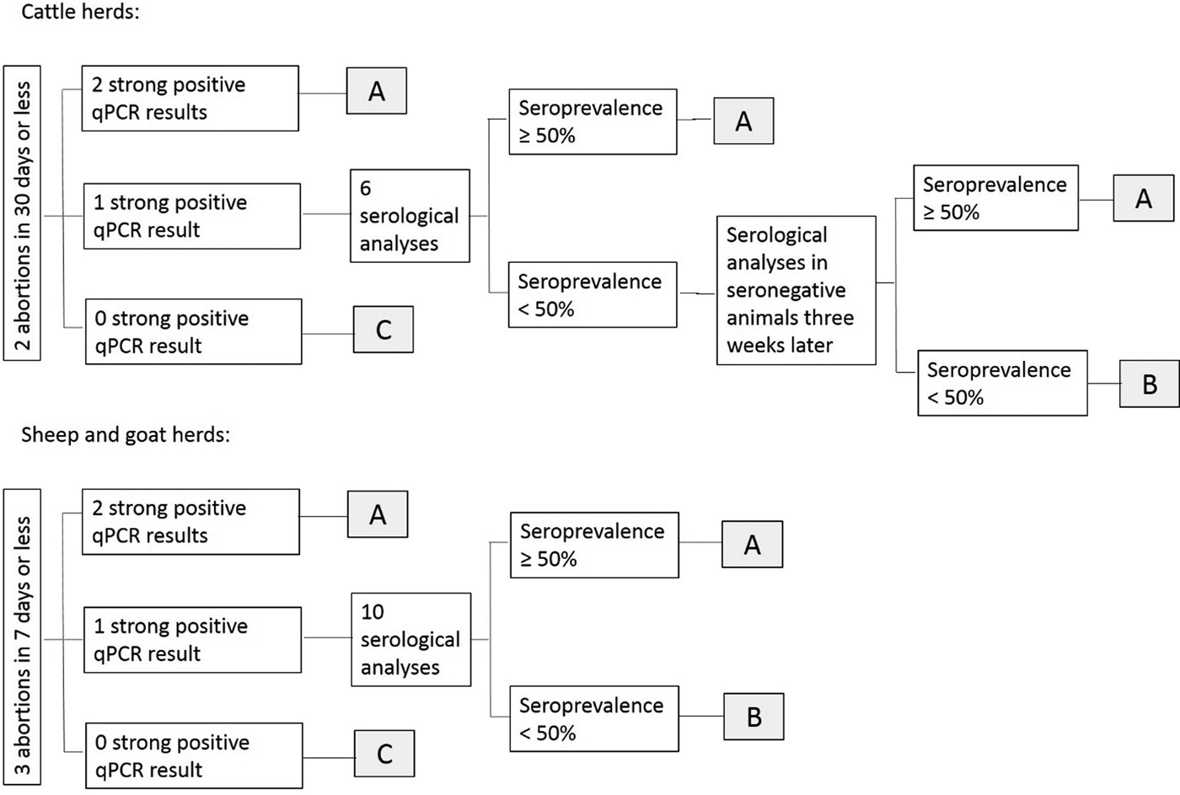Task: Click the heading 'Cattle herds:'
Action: tap(80, 11)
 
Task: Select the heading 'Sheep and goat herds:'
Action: tap(126, 435)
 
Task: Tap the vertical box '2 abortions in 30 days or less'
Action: tap(22, 212)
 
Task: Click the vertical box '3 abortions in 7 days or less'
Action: tap(22, 637)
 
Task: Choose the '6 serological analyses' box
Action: tap(410, 216)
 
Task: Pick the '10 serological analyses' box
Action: tap(411, 640)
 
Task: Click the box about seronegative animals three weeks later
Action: tap(796, 290)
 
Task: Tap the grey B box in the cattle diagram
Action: tap(1150, 384)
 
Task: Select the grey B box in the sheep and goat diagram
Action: tap(754, 717)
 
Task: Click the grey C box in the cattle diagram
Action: tap(383, 330)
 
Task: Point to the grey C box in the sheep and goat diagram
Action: tap(384, 754)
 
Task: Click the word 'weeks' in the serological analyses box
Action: tap(754, 346)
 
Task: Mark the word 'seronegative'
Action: tap(786, 290)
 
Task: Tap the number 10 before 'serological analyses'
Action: tap(373, 612)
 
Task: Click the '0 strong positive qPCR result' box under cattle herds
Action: tap(194, 331)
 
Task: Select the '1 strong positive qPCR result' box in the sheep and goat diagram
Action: tap(193, 640)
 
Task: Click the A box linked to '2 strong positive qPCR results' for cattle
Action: tap(377, 90)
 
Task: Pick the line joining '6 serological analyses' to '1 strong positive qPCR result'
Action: tap(325, 214)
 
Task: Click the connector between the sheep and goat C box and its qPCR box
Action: tap(329, 758)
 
